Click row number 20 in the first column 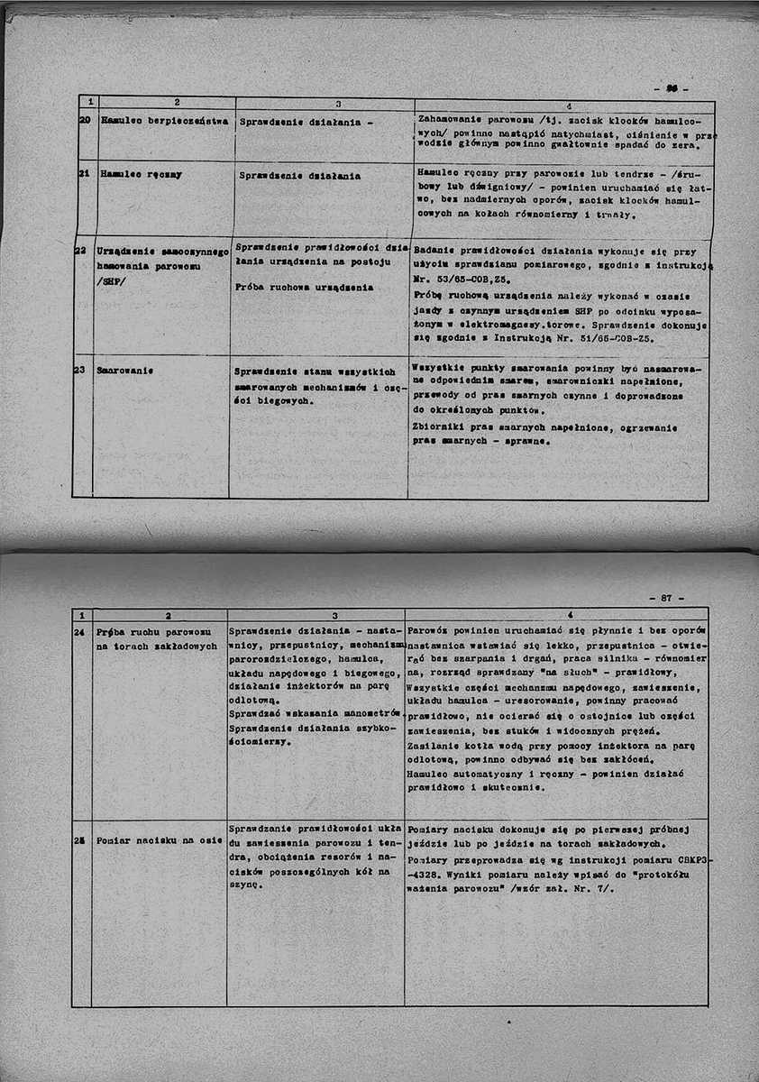point(81,119)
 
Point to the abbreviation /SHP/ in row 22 point(111,280)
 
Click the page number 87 point(666,597)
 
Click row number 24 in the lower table point(79,631)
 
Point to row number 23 point(79,371)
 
